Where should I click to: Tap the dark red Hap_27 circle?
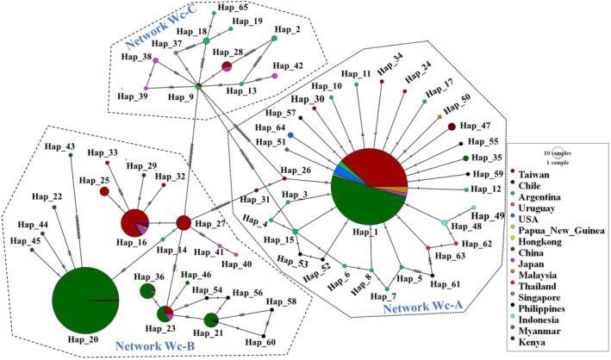click(x=184, y=223)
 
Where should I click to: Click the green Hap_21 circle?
click(x=212, y=320)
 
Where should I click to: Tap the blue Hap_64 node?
click(x=291, y=135)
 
